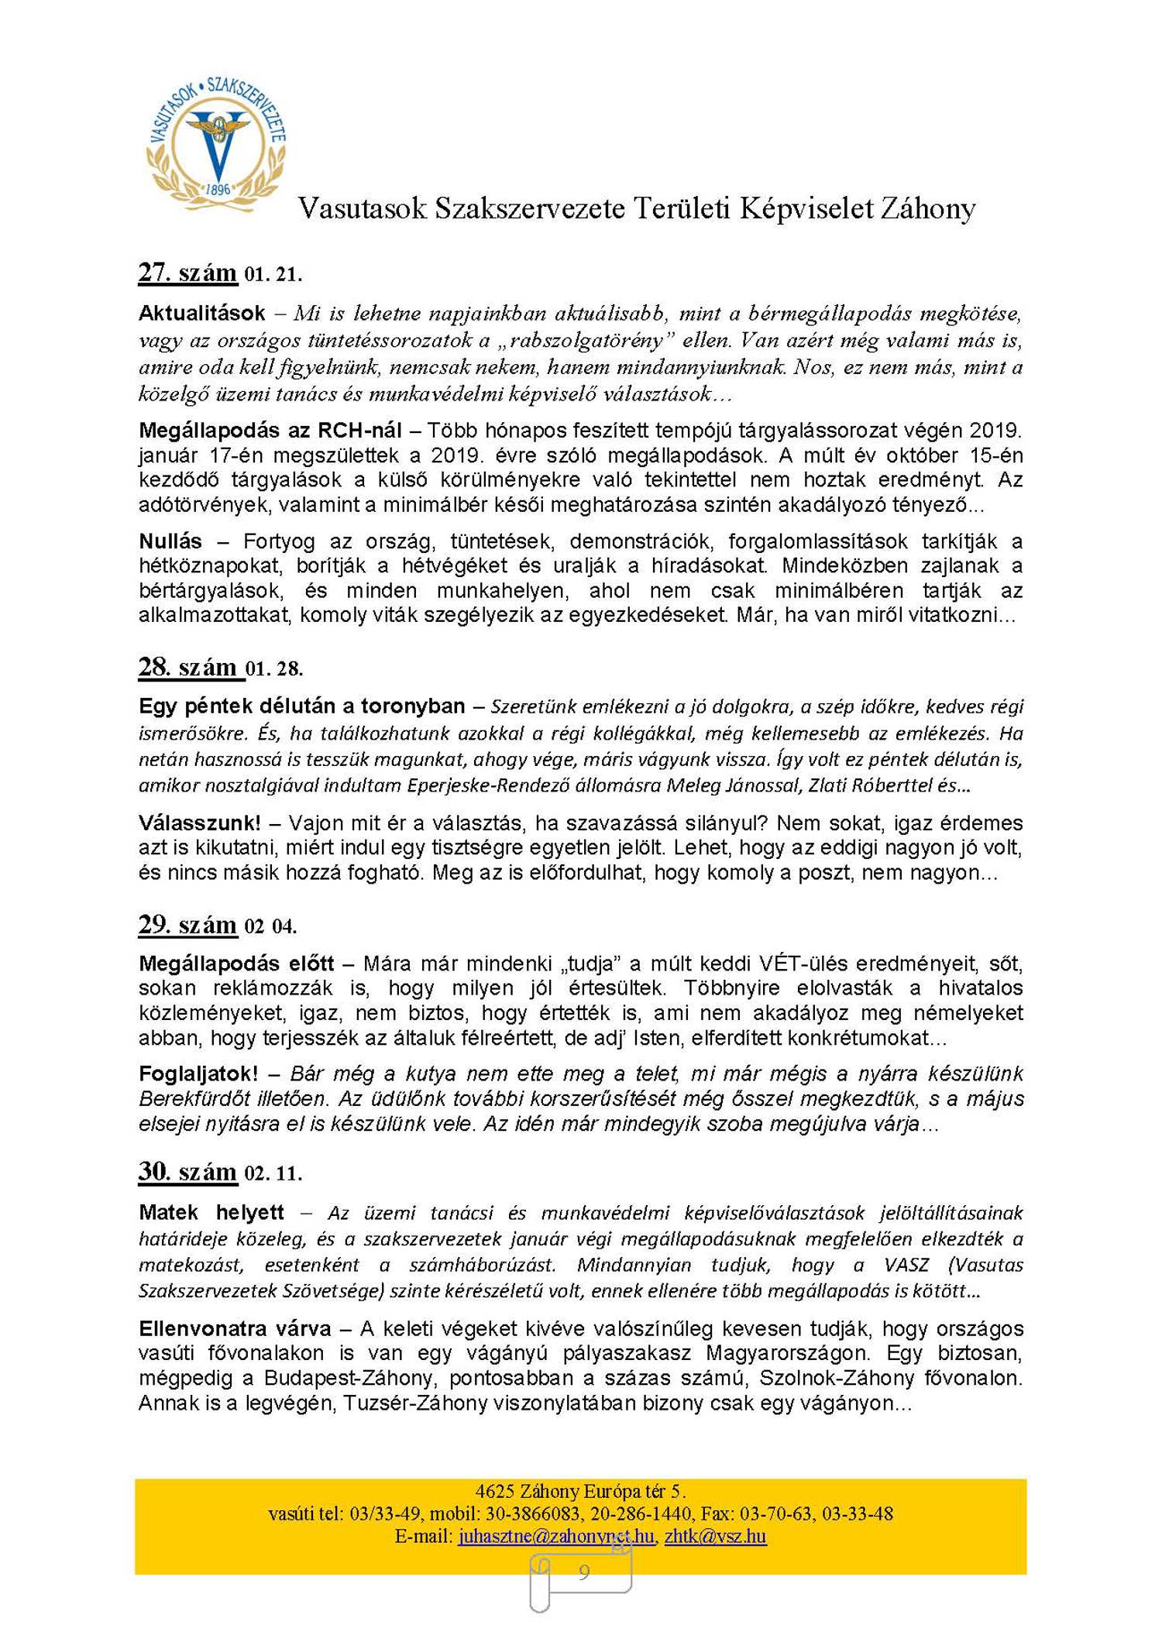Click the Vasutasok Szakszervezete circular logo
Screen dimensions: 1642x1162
(216, 143)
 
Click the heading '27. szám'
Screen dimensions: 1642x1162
(187, 273)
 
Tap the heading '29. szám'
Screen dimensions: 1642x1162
(187, 925)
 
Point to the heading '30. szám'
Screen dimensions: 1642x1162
(187, 1171)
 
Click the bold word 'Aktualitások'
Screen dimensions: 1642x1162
(201, 313)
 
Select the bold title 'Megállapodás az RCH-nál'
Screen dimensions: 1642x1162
(270, 430)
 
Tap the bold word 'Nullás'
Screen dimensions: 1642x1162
(170, 541)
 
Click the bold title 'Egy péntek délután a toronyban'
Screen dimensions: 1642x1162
(301, 706)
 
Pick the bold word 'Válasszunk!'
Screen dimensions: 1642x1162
(199, 823)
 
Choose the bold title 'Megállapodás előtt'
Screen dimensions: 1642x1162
(236, 964)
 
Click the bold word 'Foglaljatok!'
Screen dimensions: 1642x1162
(198, 1073)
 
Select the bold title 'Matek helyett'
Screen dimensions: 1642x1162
(211, 1212)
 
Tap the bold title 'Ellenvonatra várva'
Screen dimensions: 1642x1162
(235, 1328)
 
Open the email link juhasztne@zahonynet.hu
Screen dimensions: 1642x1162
(555, 1536)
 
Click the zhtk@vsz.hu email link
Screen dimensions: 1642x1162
(715, 1536)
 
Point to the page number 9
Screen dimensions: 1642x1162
(583, 1572)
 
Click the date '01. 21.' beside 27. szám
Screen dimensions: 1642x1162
(273, 275)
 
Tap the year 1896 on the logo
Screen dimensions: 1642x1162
(218, 189)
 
